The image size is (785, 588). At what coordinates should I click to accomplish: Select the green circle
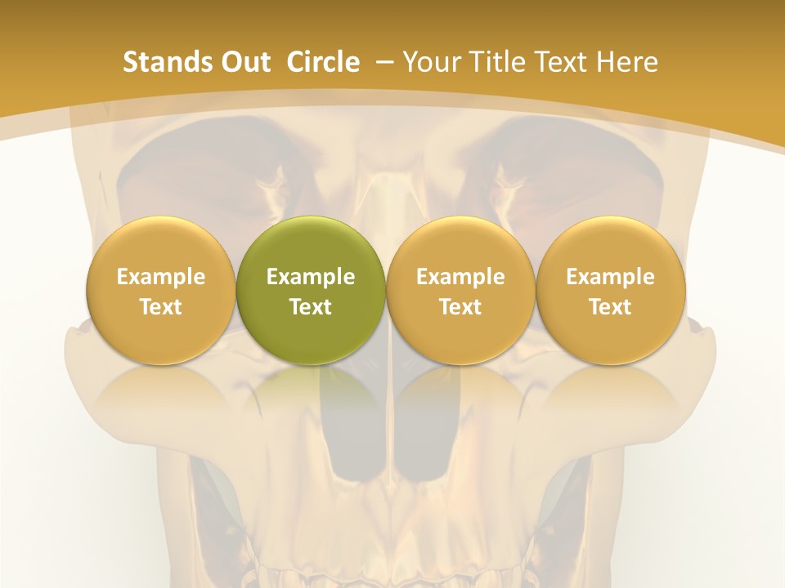click(x=311, y=291)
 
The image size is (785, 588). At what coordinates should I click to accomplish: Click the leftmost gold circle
click(x=160, y=291)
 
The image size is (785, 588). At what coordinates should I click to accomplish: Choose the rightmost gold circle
click(x=610, y=291)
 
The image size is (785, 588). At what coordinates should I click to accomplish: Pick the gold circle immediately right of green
click(x=460, y=291)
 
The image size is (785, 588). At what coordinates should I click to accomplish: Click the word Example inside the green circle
click(x=311, y=277)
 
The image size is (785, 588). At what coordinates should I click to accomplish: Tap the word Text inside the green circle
click(x=311, y=307)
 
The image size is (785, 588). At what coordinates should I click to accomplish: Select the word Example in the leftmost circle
click(x=160, y=277)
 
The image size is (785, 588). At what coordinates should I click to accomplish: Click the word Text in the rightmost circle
click(x=610, y=307)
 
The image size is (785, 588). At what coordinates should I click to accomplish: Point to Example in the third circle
click(x=460, y=277)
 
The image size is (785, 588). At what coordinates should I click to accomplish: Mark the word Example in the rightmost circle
click(x=610, y=277)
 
